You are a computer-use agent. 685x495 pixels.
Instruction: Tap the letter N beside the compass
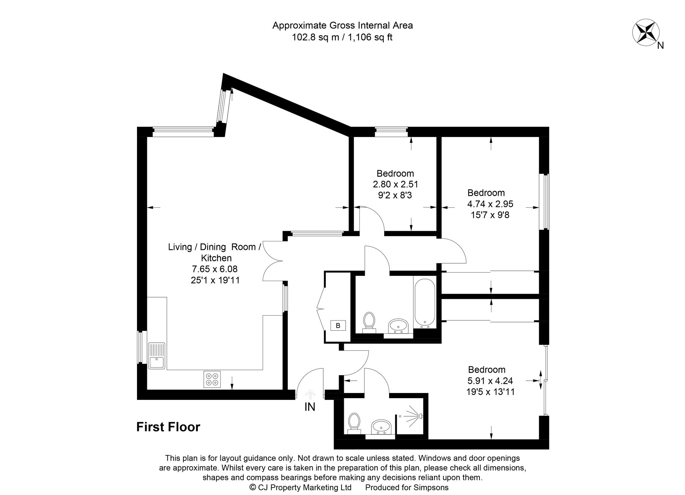[661, 46]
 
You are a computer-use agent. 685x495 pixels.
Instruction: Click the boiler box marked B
[338, 326]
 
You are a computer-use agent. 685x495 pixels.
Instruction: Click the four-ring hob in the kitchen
[212, 379]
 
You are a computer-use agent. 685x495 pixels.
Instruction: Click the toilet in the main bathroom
[369, 321]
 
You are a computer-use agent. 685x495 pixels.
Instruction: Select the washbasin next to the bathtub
[398, 326]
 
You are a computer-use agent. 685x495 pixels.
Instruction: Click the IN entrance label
[310, 407]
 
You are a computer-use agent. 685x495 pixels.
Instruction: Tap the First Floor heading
[168, 427]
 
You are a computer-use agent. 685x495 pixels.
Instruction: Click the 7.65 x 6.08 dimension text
[215, 269]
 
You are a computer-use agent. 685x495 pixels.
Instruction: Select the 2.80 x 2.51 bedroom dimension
[395, 185]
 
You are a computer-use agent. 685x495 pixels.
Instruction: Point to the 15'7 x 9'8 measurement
[490, 215]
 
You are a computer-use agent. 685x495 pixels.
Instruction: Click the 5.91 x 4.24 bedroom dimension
[490, 381]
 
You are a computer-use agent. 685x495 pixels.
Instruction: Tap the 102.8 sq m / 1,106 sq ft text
[342, 37]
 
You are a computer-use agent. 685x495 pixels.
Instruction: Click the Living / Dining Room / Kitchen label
[215, 252]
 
